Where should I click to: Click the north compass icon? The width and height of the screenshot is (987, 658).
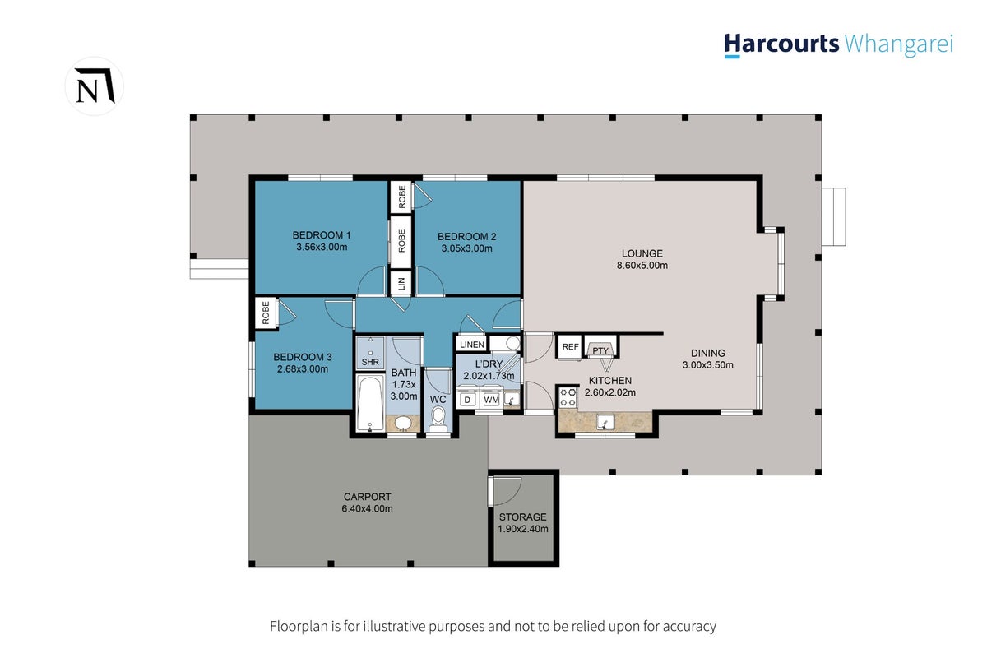point(95,86)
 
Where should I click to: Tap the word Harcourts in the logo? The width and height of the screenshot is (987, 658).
point(781,44)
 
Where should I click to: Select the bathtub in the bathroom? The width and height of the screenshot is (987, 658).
point(370,403)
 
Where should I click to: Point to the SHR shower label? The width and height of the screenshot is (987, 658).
point(370,362)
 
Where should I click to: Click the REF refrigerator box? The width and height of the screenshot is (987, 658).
point(570,347)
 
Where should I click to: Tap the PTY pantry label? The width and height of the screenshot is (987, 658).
point(600,351)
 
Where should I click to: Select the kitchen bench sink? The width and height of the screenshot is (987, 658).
point(605,423)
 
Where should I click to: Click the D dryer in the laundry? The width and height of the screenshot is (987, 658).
point(467,400)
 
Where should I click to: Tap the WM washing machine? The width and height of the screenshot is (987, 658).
point(491,400)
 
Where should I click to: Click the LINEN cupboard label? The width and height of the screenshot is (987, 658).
point(472,345)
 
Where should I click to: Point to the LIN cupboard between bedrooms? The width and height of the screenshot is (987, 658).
point(401,284)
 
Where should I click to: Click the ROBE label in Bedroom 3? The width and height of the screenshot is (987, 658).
point(266,313)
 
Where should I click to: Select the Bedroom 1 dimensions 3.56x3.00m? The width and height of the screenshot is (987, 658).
point(322,248)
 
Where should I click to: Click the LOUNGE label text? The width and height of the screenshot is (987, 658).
point(642,253)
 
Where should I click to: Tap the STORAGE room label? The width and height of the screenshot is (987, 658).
point(522,517)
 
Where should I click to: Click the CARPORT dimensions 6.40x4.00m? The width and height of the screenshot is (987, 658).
point(367,508)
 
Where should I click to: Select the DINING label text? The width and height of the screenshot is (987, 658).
point(707,353)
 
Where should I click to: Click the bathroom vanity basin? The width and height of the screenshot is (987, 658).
point(403,423)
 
